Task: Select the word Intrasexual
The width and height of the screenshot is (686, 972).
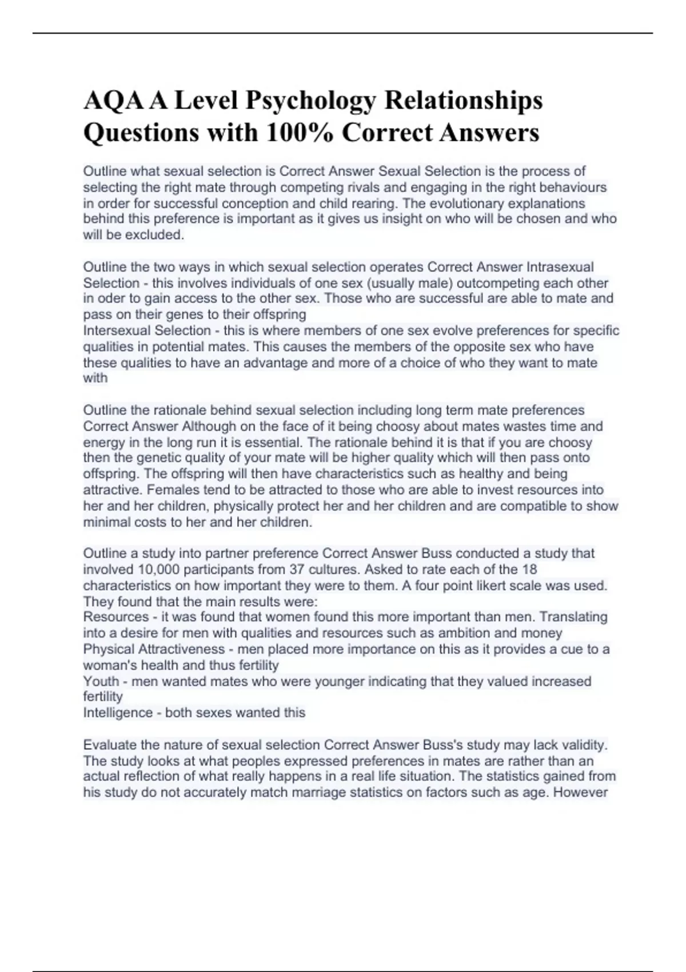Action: (x=560, y=267)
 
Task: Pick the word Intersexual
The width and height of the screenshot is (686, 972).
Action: (x=118, y=330)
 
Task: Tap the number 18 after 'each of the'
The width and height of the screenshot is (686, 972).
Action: (x=529, y=569)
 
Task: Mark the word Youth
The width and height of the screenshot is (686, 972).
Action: (x=101, y=681)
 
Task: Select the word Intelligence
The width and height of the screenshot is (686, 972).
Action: (x=118, y=712)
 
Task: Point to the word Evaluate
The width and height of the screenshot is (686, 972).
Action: (x=110, y=744)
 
